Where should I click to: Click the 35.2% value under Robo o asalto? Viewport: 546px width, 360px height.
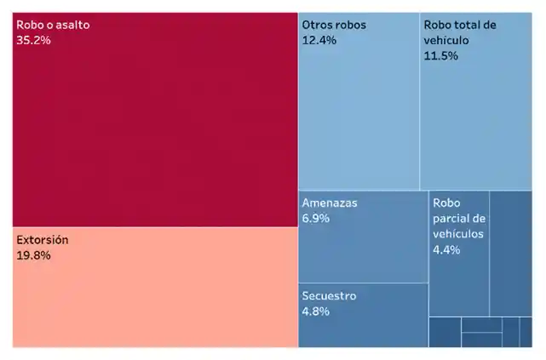point(34,40)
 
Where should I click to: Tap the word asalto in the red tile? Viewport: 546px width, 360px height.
point(70,25)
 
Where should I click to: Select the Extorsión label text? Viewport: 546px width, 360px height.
point(43,240)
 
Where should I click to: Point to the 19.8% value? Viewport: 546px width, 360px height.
point(34,255)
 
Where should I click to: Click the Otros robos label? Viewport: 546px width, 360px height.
point(334,25)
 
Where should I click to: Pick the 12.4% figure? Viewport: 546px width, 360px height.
point(319,40)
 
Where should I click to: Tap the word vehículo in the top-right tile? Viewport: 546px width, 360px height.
point(447,40)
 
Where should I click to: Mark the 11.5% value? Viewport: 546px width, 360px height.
point(440,55)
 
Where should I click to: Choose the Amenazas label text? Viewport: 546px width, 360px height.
point(330,203)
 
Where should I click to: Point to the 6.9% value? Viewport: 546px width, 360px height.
point(315,219)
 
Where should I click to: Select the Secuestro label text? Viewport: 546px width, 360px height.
point(329,296)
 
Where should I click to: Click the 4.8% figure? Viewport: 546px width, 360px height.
point(315,311)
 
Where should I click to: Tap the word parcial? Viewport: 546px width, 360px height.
point(451,219)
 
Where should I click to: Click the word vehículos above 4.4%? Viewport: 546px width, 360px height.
point(457,234)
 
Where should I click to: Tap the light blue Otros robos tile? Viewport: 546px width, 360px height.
point(358,119)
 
